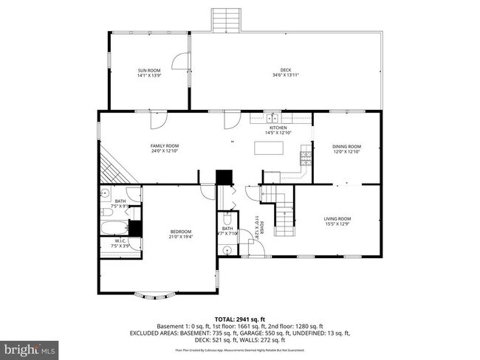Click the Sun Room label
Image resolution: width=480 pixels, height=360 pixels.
point(148,70)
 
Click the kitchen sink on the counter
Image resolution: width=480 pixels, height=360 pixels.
point(272,118)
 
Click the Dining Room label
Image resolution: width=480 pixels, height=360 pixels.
point(346,146)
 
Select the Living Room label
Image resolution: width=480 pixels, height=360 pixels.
point(338,218)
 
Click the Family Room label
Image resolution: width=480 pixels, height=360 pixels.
point(165,146)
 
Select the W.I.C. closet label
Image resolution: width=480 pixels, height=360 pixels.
point(120,243)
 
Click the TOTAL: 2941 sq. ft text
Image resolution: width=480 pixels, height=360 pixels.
point(239,318)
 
